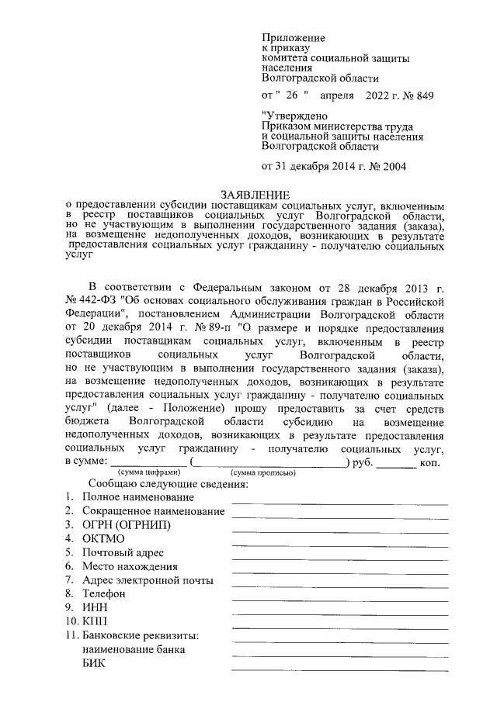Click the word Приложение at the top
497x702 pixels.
click(294, 37)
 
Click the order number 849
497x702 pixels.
click(423, 96)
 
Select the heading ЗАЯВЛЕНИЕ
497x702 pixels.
click(255, 195)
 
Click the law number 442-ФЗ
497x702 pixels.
click(96, 299)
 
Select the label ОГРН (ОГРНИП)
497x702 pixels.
click(126, 524)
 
